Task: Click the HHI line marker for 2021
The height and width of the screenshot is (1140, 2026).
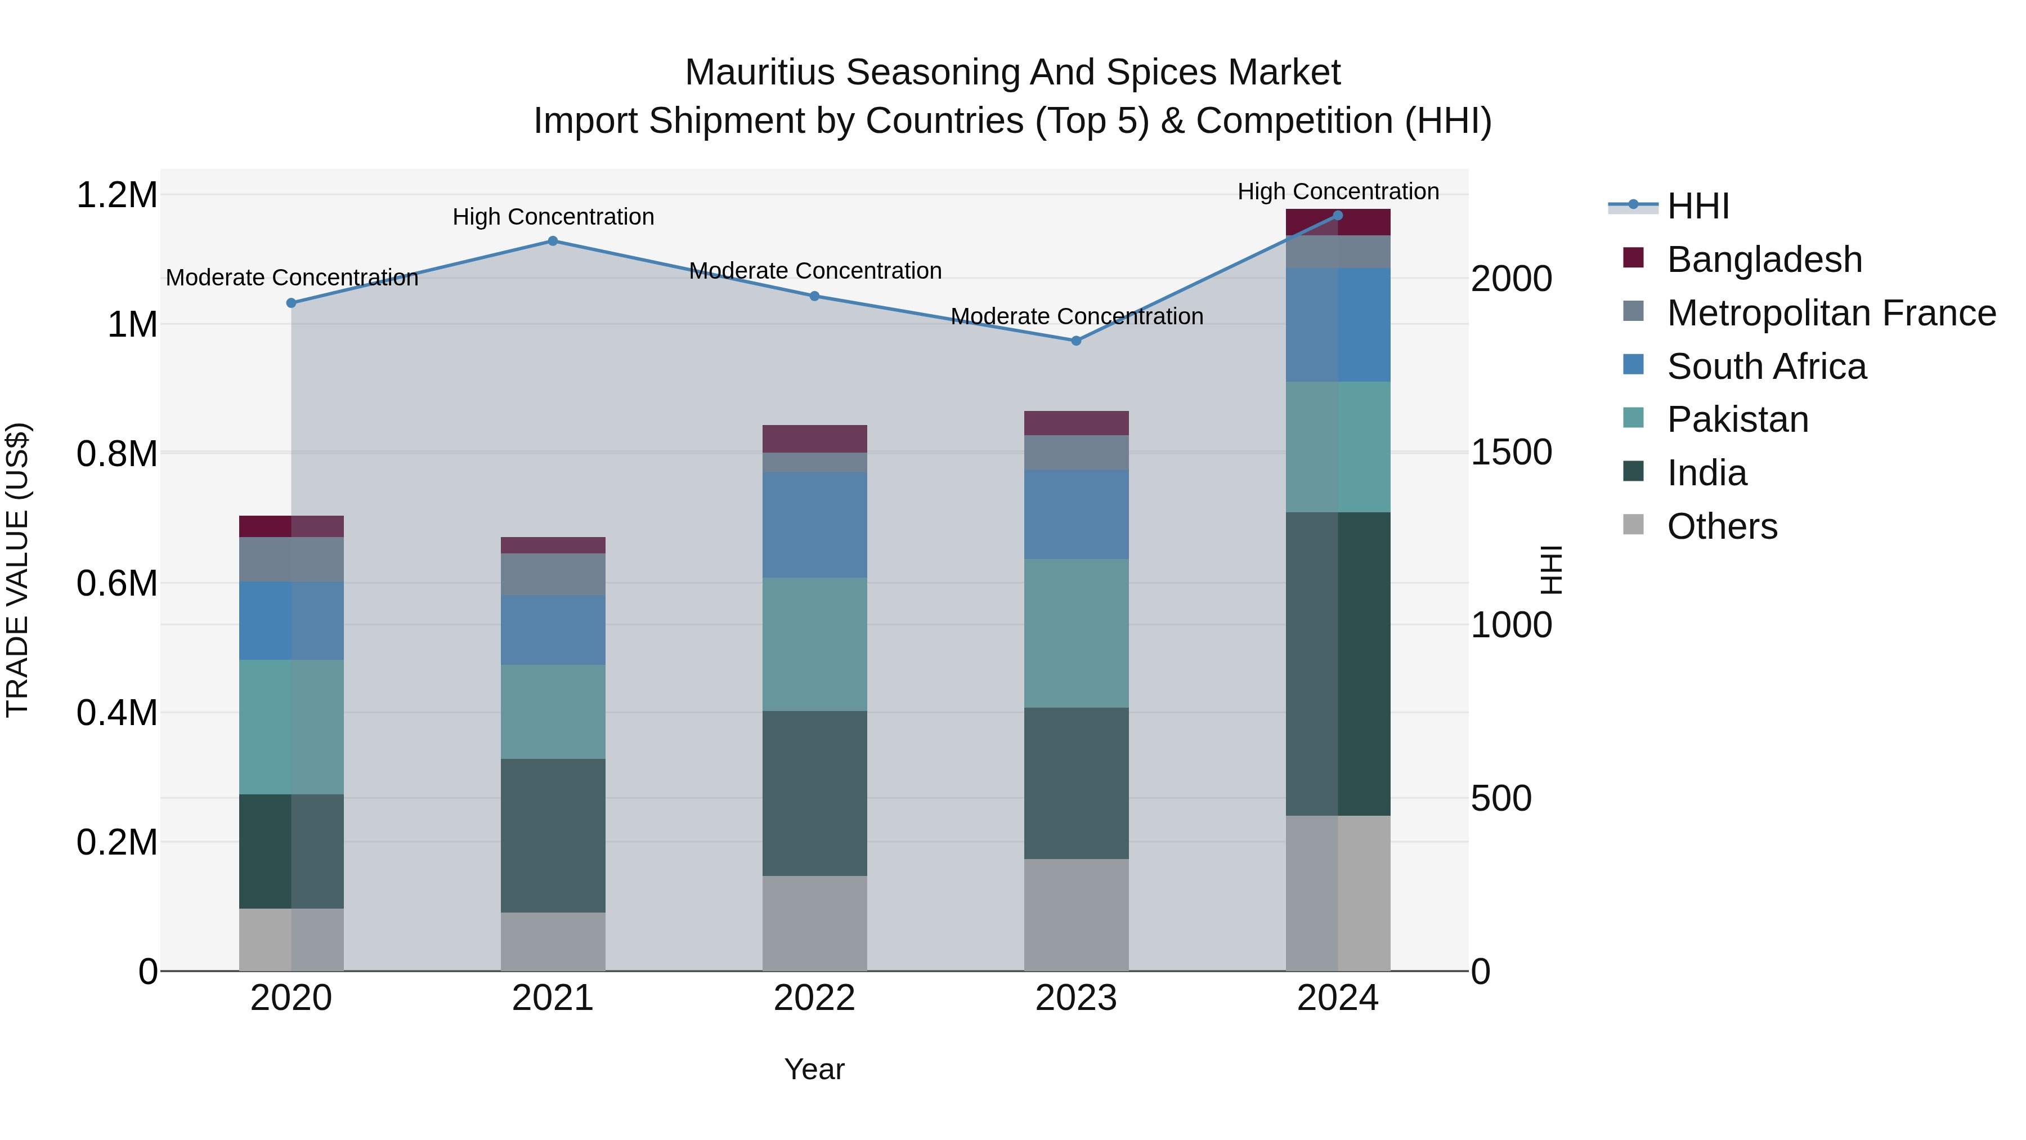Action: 552,241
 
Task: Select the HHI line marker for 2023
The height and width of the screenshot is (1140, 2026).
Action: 1076,341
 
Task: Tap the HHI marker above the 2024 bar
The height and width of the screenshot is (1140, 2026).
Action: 1338,215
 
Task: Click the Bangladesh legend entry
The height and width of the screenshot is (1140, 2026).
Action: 1764,260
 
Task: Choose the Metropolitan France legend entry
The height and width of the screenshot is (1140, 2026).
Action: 1831,313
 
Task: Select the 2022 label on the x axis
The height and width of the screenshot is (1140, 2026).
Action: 814,998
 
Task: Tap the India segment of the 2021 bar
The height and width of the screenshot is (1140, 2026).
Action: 552,835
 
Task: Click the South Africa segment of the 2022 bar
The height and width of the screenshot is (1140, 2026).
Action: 814,525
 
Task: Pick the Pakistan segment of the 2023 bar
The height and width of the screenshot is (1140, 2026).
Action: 1076,633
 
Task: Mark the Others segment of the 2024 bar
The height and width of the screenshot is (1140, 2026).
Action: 1338,893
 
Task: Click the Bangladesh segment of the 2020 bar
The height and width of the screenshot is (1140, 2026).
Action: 291,526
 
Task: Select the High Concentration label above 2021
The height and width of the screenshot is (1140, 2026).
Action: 553,217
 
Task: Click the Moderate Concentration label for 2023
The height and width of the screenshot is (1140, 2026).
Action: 1077,316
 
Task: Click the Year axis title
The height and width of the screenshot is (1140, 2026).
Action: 814,1069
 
